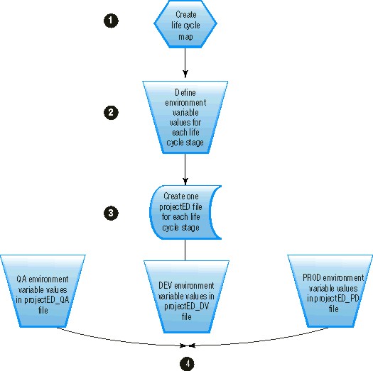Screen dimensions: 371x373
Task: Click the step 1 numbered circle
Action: pyautogui.click(x=109, y=21)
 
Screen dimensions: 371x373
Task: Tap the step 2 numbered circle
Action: pyautogui.click(x=109, y=112)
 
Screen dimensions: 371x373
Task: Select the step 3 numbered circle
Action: pyautogui.click(x=109, y=212)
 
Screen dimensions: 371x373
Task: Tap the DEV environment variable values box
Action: pyautogui.click(x=185, y=291)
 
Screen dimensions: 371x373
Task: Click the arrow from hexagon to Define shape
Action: pyautogui.click(x=185, y=63)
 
